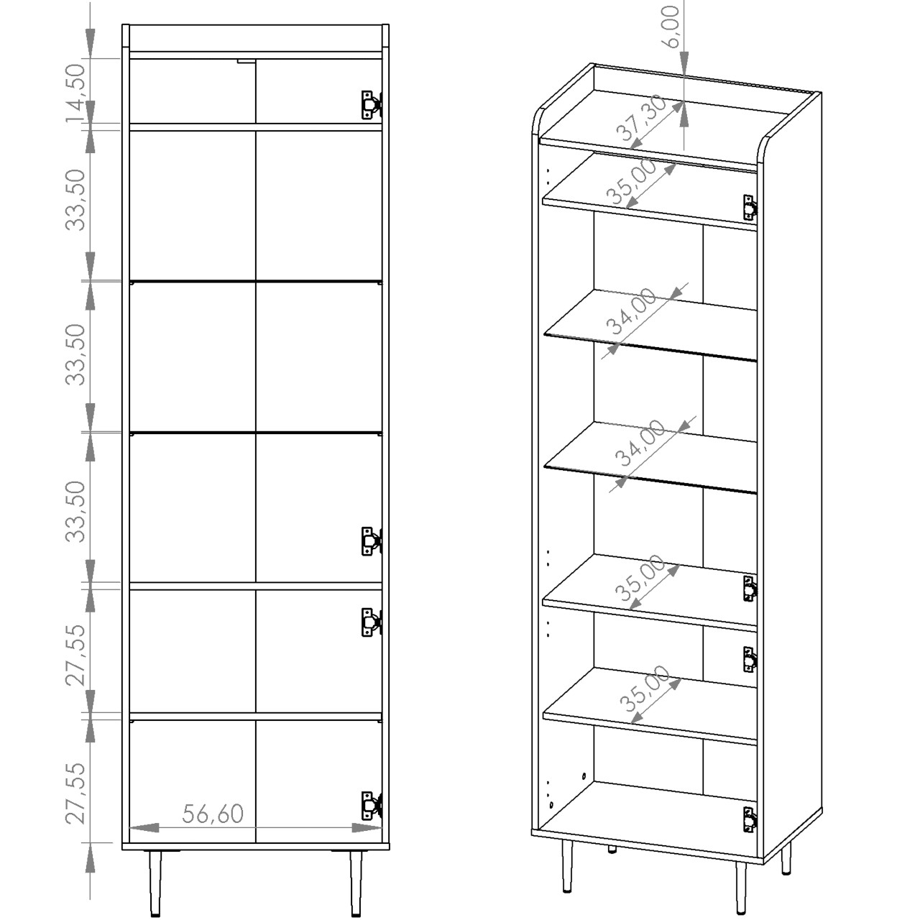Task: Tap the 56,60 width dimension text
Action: pyautogui.click(x=213, y=814)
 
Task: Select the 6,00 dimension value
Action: pyautogui.click(x=672, y=27)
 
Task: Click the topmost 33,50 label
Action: pyautogui.click(x=75, y=200)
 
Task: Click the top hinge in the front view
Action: pyautogui.click(x=372, y=104)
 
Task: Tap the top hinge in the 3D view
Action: pyautogui.click(x=750, y=208)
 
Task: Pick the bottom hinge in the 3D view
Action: pyautogui.click(x=750, y=820)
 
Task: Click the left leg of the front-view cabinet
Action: pyautogui.click(x=156, y=877)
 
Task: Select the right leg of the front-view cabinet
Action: pyautogui.click(x=356, y=877)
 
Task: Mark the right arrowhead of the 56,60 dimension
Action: pyautogui.click(x=367, y=827)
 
